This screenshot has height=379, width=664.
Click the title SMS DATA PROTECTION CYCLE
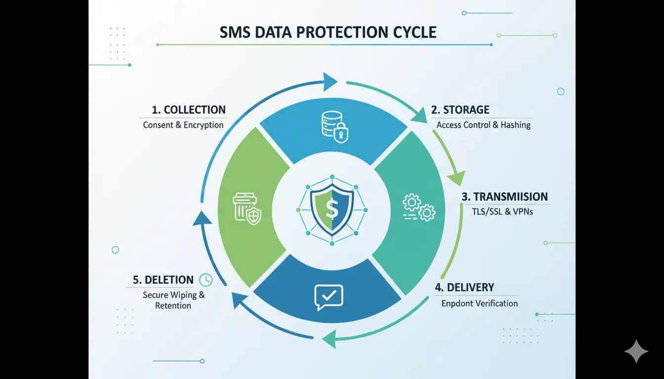328,32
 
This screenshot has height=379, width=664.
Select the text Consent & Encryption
183,125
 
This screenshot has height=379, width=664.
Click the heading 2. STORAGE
460,110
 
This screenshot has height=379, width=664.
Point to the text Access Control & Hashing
483,125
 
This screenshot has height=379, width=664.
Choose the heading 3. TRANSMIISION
504,197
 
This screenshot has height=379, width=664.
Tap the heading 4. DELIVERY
464,287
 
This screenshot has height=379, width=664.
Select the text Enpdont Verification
479,303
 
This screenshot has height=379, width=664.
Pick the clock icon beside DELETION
206,280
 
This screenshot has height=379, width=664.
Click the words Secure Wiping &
173,295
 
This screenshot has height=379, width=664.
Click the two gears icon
418,207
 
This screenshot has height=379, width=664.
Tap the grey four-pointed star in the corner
636,351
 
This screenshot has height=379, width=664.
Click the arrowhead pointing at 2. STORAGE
421,116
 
